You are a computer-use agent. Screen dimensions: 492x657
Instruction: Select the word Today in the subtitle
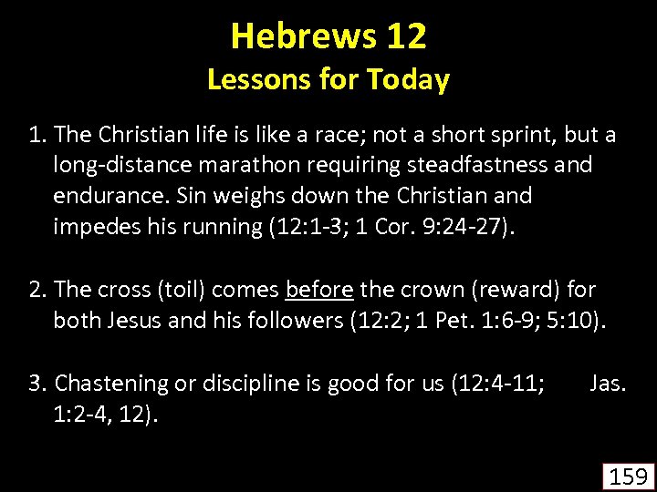click(408, 80)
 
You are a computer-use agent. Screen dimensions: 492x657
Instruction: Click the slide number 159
click(627, 476)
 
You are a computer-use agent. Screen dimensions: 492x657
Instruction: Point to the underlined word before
click(319, 291)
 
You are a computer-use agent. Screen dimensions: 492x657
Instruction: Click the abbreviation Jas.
click(608, 384)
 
